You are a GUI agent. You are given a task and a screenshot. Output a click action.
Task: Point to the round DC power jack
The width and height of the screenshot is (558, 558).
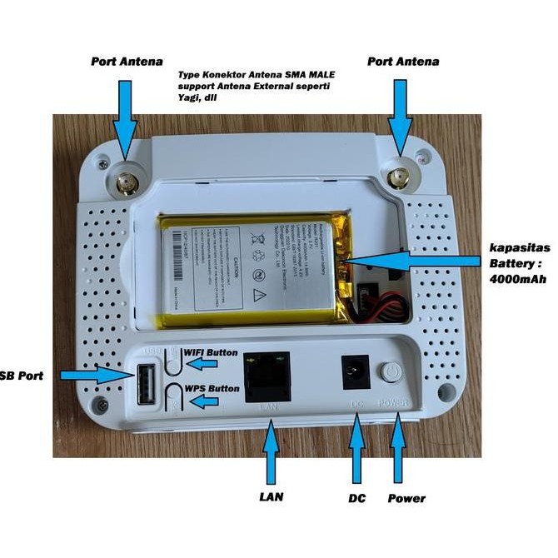[x=356, y=372]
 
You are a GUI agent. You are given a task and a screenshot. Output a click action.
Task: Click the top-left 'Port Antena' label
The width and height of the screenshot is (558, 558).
[x=126, y=62]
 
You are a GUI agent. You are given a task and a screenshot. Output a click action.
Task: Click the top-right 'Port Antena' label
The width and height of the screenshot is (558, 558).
[x=402, y=62]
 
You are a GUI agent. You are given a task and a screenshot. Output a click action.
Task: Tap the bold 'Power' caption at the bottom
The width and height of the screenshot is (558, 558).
[x=406, y=498]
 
